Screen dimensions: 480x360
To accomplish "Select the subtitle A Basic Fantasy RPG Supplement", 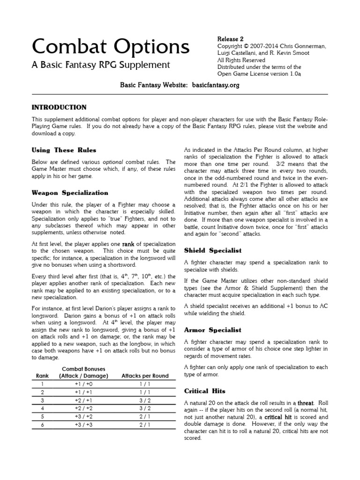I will pyautogui.click(x=101, y=65).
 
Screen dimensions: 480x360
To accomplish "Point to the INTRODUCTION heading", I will pyautogui.click(x=59, y=107).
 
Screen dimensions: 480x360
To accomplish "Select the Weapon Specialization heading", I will pyautogui.click(x=70, y=193).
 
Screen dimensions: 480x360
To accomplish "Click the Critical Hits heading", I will pyautogui.click(x=205, y=390).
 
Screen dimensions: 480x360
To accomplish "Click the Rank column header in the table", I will pyautogui.click(x=42, y=376).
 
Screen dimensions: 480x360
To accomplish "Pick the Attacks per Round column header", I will pyautogui.click(x=145, y=376).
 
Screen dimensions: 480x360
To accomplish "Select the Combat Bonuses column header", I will pyautogui.click(x=84, y=373).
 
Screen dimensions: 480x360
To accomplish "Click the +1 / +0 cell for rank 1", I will pyautogui.click(x=84, y=384).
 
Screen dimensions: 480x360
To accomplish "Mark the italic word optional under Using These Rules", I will pyautogui.click(x=113, y=161).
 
